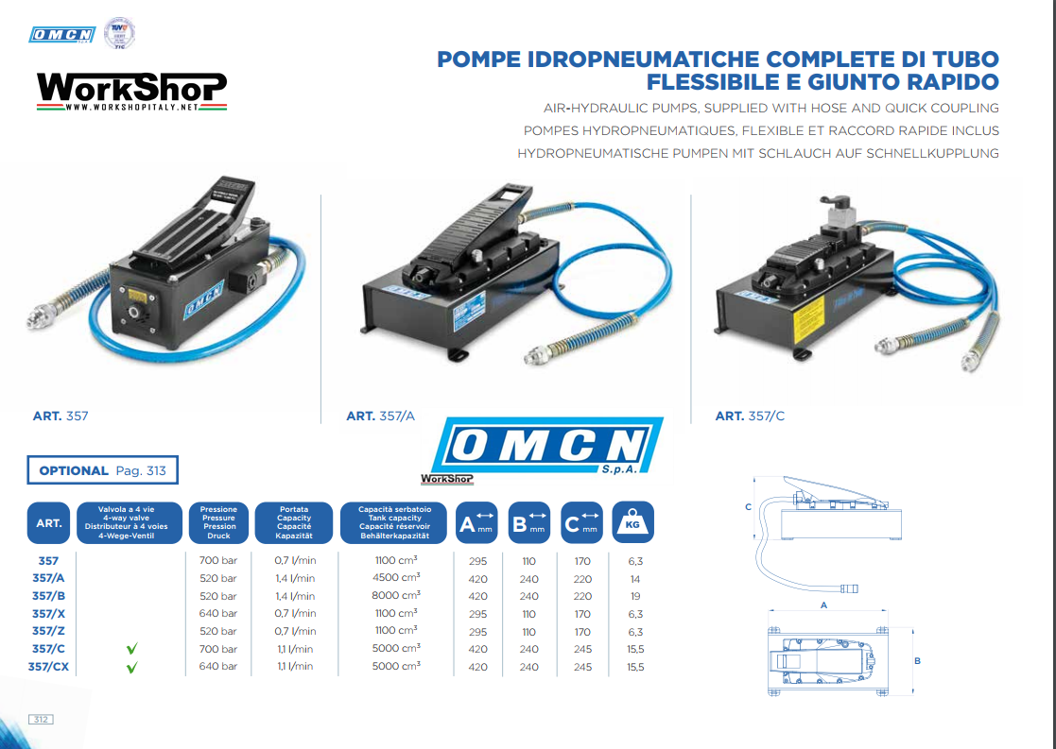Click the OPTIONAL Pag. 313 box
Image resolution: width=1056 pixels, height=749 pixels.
(103, 470)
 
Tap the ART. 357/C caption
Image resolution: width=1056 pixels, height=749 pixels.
(750, 416)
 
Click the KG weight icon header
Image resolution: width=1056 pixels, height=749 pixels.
(632, 522)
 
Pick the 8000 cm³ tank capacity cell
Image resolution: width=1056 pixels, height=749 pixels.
(397, 596)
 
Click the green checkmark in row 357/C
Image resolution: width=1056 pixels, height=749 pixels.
(132, 649)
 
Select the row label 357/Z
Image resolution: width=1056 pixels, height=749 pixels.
(48, 631)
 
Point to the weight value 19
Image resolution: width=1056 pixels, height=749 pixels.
(635, 596)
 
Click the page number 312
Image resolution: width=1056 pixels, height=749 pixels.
(41, 720)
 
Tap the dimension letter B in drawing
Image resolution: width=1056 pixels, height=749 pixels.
(917, 661)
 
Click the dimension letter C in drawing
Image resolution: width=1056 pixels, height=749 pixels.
(748, 507)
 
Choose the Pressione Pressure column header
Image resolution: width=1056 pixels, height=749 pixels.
(218, 522)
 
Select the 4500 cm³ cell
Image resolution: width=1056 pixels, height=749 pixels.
(397, 578)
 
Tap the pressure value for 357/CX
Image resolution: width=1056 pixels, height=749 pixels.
(217, 667)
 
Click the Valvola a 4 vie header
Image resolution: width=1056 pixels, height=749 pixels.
(131, 522)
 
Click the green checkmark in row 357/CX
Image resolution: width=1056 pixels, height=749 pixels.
(132, 667)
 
